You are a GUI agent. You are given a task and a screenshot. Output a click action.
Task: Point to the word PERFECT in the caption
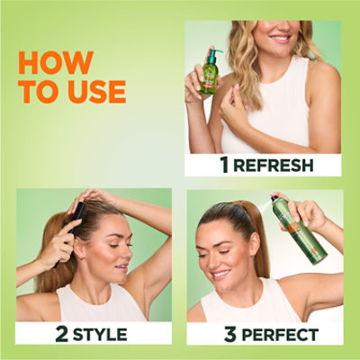click(x=283, y=335)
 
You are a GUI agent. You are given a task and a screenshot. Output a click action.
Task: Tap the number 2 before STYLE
click(x=61, y=335)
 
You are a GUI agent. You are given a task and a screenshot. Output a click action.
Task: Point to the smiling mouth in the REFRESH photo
click(x=282, y=39)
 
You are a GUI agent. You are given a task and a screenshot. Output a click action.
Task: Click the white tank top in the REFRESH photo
click(x=270, y=117)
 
